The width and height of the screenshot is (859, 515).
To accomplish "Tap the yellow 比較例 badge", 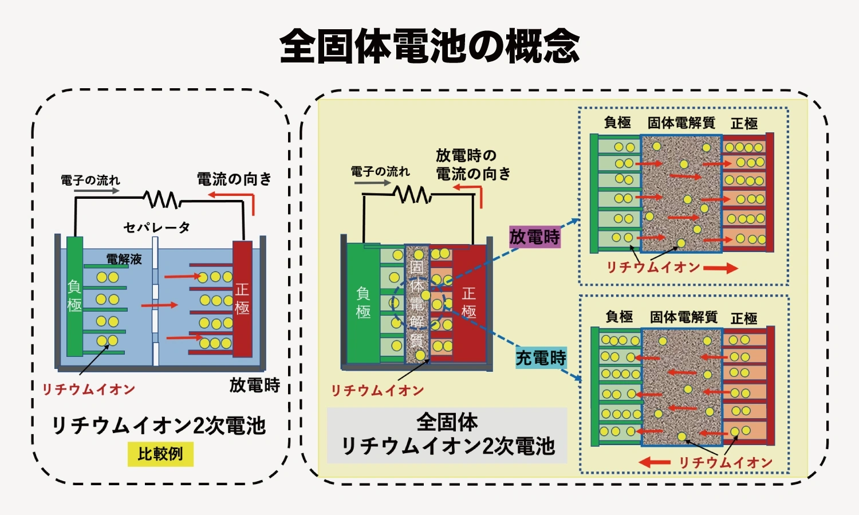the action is click(160, 454).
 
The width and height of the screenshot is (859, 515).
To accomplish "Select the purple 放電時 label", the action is click(534, 237).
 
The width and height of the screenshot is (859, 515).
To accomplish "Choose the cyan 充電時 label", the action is click(541, 358).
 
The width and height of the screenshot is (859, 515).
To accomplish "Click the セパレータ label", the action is click(156, 227).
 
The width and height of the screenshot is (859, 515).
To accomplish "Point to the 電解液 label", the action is click(124, 260).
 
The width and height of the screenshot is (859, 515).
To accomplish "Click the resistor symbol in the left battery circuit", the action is click(161, 199).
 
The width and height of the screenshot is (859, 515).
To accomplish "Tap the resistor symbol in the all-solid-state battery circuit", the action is click(413, 194).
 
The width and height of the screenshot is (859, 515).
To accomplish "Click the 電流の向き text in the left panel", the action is click(234, 179).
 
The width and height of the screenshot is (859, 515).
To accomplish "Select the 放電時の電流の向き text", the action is click(473, 164).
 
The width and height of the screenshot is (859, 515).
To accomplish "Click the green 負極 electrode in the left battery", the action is click(74, 296).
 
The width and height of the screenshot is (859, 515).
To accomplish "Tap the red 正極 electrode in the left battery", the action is click(242, 298).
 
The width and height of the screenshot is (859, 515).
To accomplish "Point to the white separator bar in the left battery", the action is click(155, 301).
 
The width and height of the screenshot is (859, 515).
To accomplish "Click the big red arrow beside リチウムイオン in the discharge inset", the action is click(720, 268).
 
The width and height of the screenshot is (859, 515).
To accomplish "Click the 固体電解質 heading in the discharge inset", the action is click(681, 123).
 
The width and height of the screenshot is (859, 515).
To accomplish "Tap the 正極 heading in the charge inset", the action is click(744, 318).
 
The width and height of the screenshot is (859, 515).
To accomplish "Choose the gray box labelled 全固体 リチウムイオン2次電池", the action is click(447, 435).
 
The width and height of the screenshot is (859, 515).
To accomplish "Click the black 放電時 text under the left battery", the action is click(255, 385).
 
